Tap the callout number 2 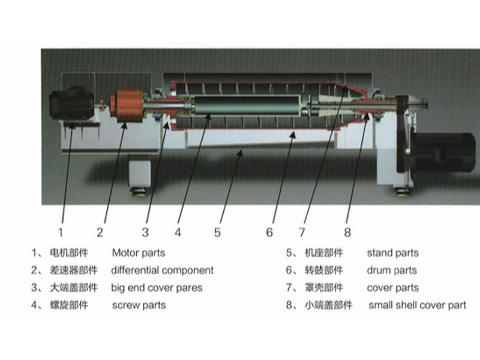[100, 232]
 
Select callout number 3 [145, 232]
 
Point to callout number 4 [178, 232]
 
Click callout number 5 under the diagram [218, 232]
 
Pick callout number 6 [270, 232]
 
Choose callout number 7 [302, 232]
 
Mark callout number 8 [347, 232]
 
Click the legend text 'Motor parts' [139, 253]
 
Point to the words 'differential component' [162, 271]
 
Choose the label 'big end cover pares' [157, 288]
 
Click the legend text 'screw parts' [139, 305]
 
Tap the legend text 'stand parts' [393, 253]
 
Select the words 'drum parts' [392, 271]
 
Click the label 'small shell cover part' [417, 305]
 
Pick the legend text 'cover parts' [393, 288]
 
